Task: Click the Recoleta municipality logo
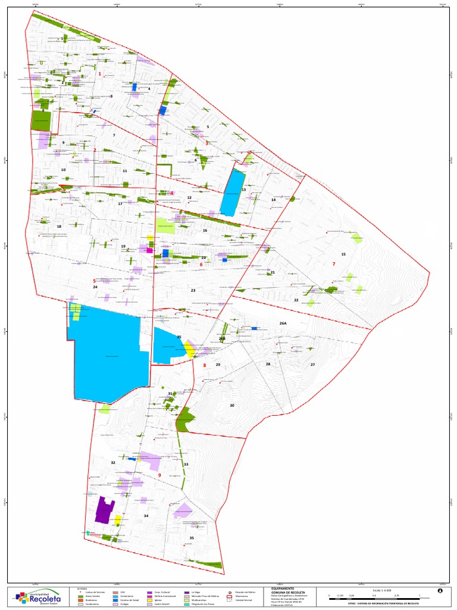[x=40, y=596]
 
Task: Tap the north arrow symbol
[x=440, y=591]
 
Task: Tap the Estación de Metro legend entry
[x=246, y=590]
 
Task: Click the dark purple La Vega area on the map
[x=105, y=510]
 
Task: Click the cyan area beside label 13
[x=232, y=192]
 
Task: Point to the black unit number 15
[x=343, y=254]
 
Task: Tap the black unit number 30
[x=232, y=405]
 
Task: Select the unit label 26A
[x=283, y=323]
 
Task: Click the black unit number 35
[x=192, y=538]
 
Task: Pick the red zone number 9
[x=159, y=475]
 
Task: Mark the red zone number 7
[x=334, y=264]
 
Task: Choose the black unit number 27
[x=312, y=364]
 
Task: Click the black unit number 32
[x=112, y=462]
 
